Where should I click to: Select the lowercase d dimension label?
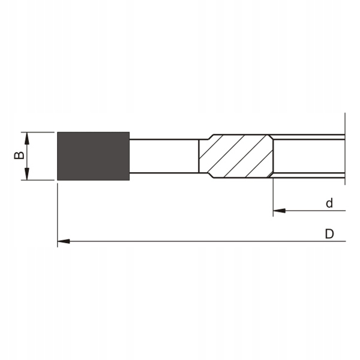[x=329, y=203]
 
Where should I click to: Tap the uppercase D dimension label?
[x=329, y=234]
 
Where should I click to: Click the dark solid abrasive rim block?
[x=93, y=156]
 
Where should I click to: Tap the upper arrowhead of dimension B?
[x=27, y=137]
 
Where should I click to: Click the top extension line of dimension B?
[x=39, y=132]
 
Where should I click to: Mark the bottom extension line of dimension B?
[x=39, y=181]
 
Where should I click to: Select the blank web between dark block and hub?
[x=163, y=156]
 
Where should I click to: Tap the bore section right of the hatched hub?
[x=309, y=156]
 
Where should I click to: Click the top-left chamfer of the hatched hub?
[x=205, y=136]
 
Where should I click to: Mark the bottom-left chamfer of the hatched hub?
[x=205, y=176]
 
